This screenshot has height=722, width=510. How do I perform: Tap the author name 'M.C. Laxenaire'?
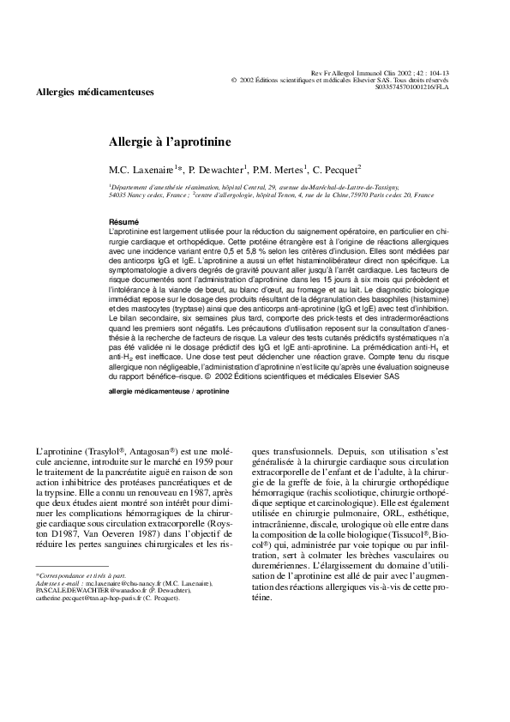point(141,168)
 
